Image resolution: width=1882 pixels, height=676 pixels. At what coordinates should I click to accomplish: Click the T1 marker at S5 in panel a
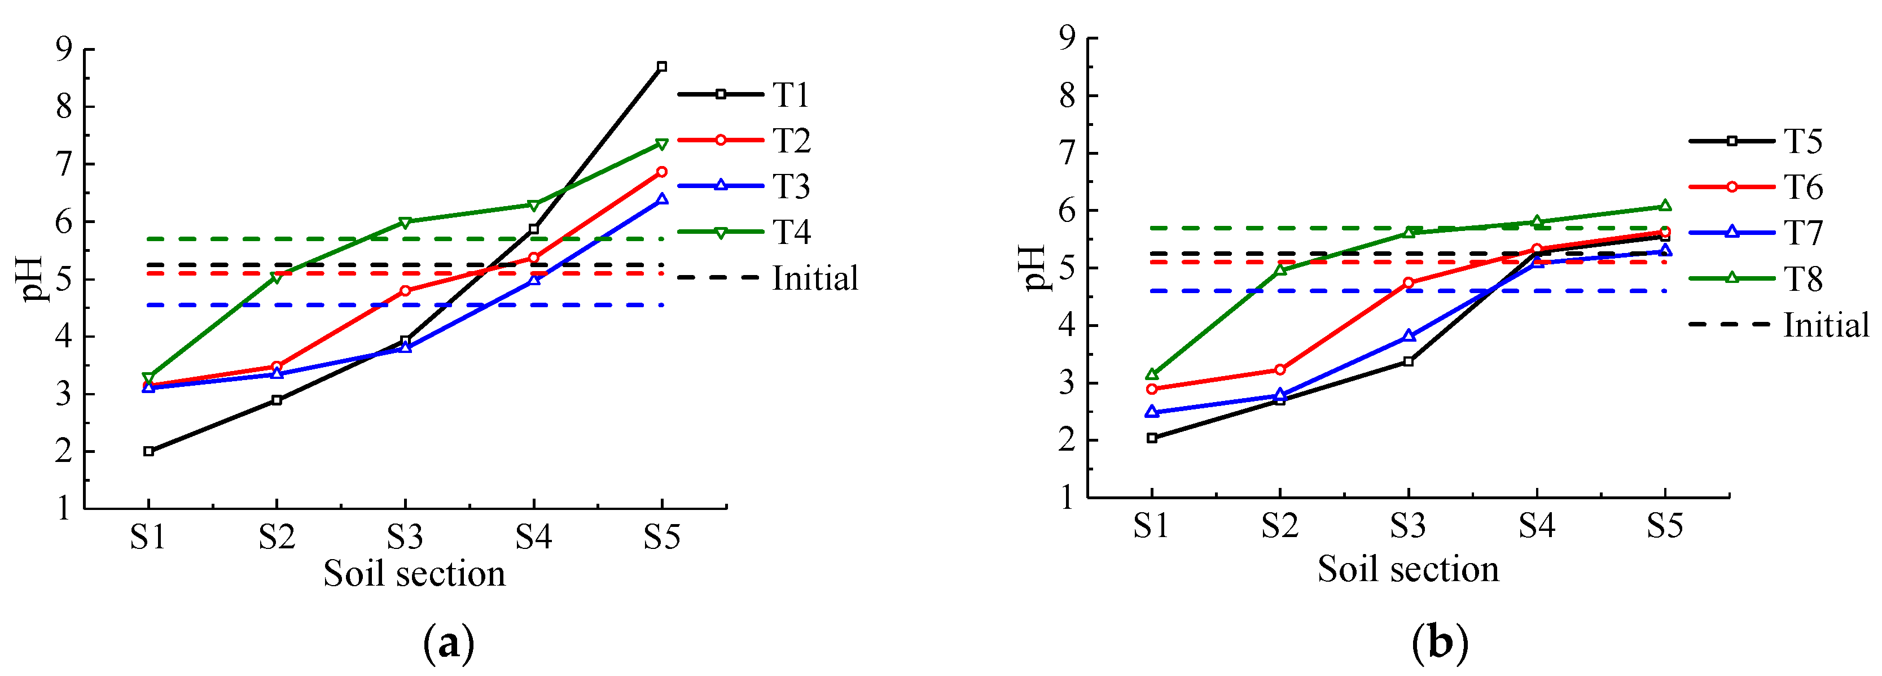tap(662, 67)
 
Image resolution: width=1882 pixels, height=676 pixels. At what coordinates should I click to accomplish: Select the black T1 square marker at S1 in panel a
tap(149, 452)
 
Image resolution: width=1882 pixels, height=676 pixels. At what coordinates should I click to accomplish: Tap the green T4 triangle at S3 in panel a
tap(406, 222)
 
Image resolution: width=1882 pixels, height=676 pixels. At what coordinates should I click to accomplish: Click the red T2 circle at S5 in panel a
tap(662, 172)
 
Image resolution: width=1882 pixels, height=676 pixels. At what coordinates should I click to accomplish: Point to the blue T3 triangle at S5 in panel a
tap(662, 199)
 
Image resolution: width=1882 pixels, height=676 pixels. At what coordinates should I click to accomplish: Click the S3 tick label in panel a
tap(406, 537)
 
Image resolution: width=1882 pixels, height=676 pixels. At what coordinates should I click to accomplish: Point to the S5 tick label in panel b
tap(1665, 525)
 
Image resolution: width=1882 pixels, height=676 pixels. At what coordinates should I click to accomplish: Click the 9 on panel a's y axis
tap(64, 49)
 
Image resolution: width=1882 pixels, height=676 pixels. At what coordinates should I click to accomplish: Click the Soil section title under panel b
tap(1408, 569)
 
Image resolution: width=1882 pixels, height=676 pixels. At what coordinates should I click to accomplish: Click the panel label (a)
tap(449, 644)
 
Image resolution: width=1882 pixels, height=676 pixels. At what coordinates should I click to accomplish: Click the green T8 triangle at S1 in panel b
tap(1152, 374)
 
